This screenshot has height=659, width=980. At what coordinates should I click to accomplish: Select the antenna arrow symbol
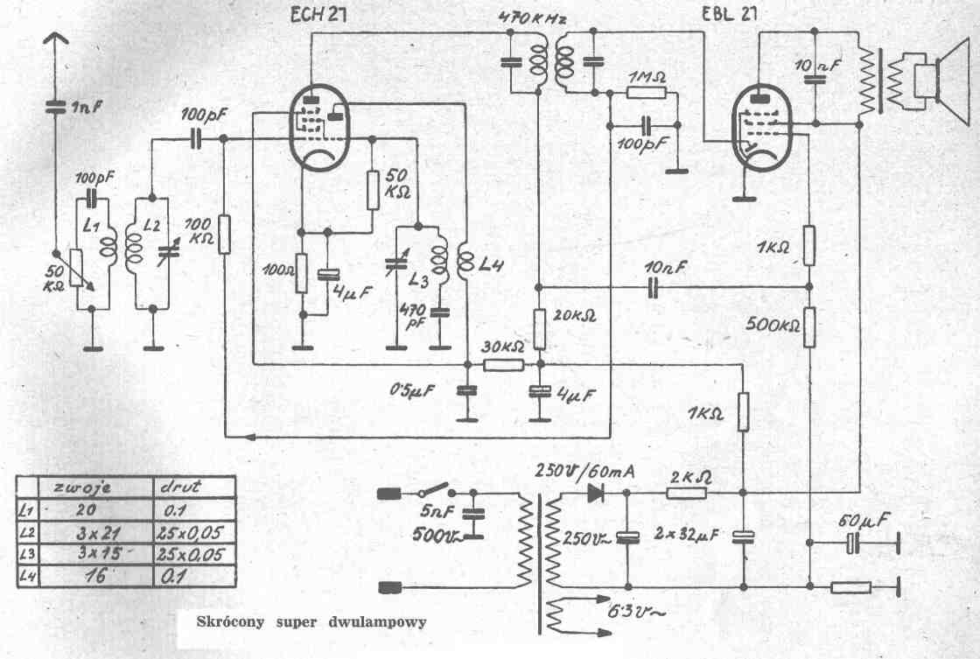54,39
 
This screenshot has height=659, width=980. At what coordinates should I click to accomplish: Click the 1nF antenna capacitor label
88,109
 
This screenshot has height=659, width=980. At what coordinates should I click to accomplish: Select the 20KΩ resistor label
574,314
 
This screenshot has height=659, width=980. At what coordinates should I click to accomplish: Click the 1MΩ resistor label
647,76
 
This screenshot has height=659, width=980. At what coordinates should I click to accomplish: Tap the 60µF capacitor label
864,522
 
